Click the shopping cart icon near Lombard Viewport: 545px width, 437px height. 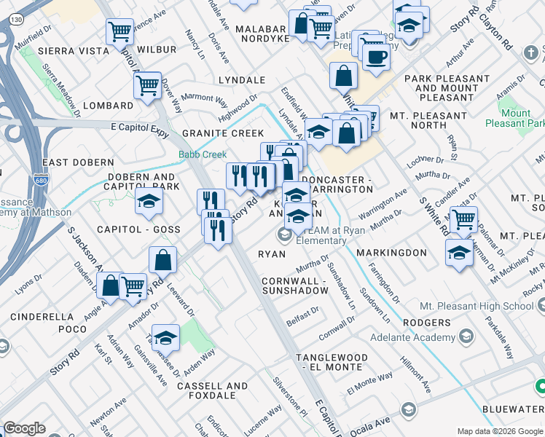point(147,85)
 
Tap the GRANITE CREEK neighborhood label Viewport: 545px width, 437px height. point(223,133)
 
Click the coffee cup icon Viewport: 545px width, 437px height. point(376,56)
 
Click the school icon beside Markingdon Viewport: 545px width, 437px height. point(458,253)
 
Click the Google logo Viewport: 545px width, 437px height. point(24,428)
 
